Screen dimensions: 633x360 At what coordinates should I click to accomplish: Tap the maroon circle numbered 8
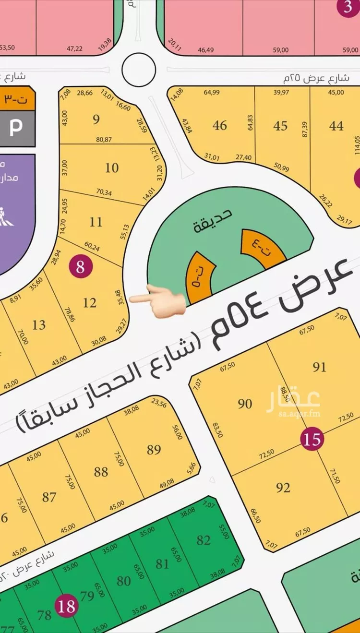pyautogui.click(x=80, y=266)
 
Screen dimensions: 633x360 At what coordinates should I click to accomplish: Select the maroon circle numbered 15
pyautogui.click(x=312, y=439)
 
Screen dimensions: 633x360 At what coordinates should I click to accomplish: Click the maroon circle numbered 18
pyautogui.click(x=66, y=606)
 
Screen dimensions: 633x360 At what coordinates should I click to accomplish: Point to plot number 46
pyautogui.click(x=220, y=125)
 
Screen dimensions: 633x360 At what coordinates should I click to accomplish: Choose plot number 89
pyautogui.click(x=154, y=450)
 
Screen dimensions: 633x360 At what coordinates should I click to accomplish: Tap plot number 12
pyautogui.click(x=90, y=303)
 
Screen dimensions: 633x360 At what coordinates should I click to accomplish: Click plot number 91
pyautogui.click(x=319, y=367)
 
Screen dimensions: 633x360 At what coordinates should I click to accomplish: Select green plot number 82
pyautogui.click(x=204, y=540)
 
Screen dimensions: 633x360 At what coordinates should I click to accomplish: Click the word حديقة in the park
pyautogui.click(x=213, y=221)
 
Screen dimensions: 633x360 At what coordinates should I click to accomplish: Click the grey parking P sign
pyautogui.click(x=16, y=128)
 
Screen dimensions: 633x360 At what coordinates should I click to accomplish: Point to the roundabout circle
pyautogui.click(x=139, y=70)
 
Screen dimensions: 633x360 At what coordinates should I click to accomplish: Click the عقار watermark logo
pyautogui.click(x=293, y=402)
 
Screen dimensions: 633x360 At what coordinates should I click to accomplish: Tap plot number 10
pyautogui.click(x=112, y=168)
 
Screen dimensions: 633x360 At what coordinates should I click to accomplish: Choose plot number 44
pyautogui.click(x=336, y=126)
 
